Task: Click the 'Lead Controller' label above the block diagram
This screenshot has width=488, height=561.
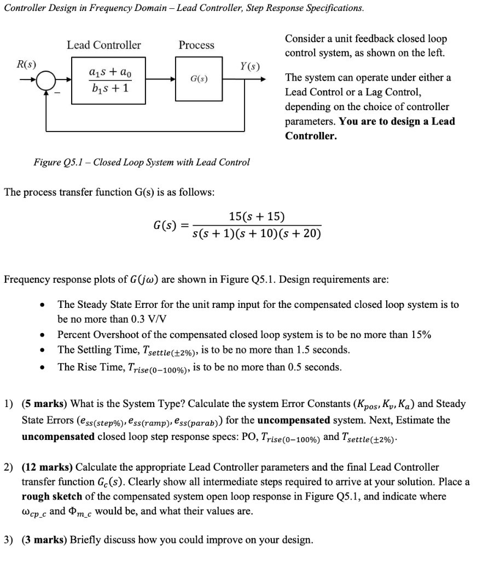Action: (103, 45)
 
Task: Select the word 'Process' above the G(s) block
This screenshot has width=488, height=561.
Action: (196, 45)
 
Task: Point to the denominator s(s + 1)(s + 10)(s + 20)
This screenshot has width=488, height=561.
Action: (257, 234)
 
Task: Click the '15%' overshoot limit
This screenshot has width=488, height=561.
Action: (420, 335)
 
